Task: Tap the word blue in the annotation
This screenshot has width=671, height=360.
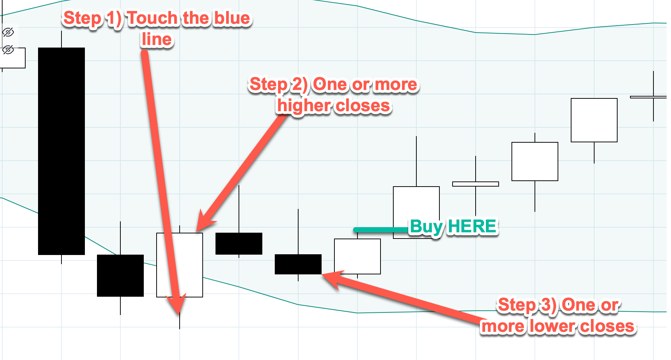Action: (x=232, y=18)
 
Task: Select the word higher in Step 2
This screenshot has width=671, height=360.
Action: (x=304, y=106)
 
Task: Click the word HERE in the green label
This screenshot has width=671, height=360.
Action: (x=472, y=226)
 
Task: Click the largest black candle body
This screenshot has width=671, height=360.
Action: (x=61, y=151)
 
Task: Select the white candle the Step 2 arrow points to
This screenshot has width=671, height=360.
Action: (x=180, y=265)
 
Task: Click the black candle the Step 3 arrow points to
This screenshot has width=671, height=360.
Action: (x=298, y=264)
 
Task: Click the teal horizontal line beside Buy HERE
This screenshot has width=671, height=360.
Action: (x=381, y=230)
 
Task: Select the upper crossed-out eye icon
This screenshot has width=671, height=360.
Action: (x=8, y=32)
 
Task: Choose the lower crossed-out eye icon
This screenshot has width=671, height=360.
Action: (x=8, y=49)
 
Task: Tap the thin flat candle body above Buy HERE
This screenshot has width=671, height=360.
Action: (x=476, y=184)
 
